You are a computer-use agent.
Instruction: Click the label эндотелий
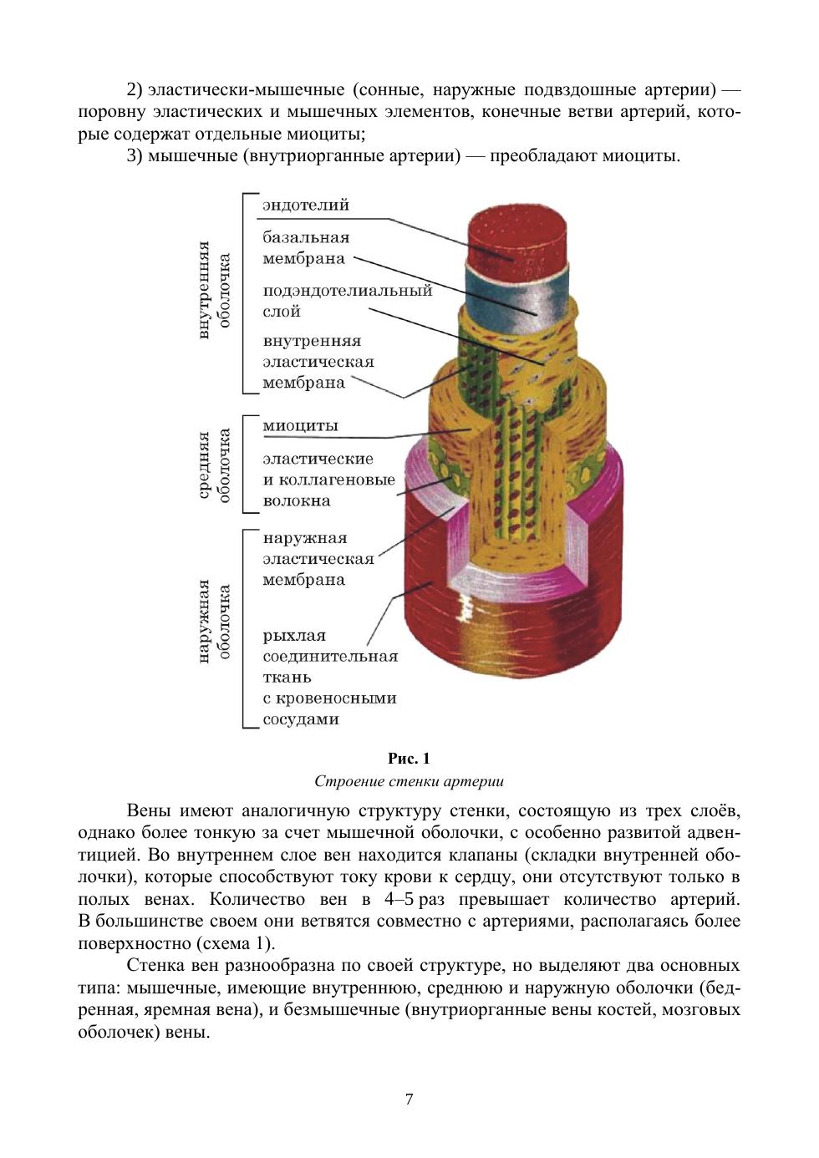tap(306, 205)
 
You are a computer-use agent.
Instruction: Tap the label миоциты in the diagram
tap(300, 425)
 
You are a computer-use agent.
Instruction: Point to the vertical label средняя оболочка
tap(214, 465)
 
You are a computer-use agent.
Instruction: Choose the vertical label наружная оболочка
tap(214, 621)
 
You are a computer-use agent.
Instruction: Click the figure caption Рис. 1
tap(409, 759)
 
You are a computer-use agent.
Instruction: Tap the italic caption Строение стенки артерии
tap(409, 782)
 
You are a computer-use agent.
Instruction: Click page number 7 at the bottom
tap(409, 1100)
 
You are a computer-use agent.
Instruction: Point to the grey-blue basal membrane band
tap(518, 297)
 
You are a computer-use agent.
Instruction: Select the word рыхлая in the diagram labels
tap(294, 636)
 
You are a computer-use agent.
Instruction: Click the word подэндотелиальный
tap(348, 291)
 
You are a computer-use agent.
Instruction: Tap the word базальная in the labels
tap(306, 237)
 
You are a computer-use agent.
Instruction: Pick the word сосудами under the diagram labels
tap(301, 719)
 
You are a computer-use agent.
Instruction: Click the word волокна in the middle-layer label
tap(297, 501)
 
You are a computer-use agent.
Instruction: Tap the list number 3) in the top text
tap(135, 156)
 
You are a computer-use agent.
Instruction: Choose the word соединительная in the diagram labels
tap(330, 657)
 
